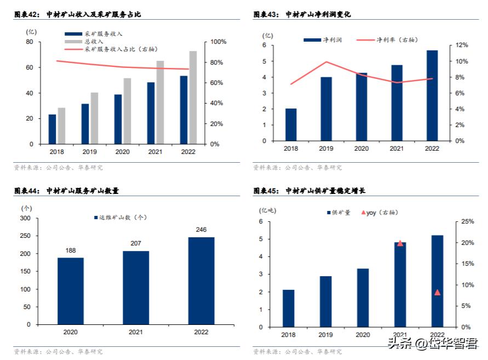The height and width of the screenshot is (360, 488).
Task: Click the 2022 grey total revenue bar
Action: [193, 98]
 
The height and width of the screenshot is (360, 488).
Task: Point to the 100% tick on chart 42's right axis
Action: [217, 42]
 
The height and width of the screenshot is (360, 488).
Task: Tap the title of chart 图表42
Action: [77, 14]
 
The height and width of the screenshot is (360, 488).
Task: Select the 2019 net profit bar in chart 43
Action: [326, 109]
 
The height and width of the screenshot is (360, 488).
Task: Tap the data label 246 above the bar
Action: [201, 230]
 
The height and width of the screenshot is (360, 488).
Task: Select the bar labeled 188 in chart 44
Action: [71, 291]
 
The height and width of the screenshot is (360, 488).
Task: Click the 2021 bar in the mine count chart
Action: [136, 288]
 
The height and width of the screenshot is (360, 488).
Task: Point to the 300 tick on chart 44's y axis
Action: [25, 218]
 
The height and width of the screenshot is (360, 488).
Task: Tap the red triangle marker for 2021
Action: [400, 243]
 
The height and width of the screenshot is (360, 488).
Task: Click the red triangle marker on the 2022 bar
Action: [437, 292]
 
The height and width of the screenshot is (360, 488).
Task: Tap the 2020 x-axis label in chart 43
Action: [361, 148]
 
